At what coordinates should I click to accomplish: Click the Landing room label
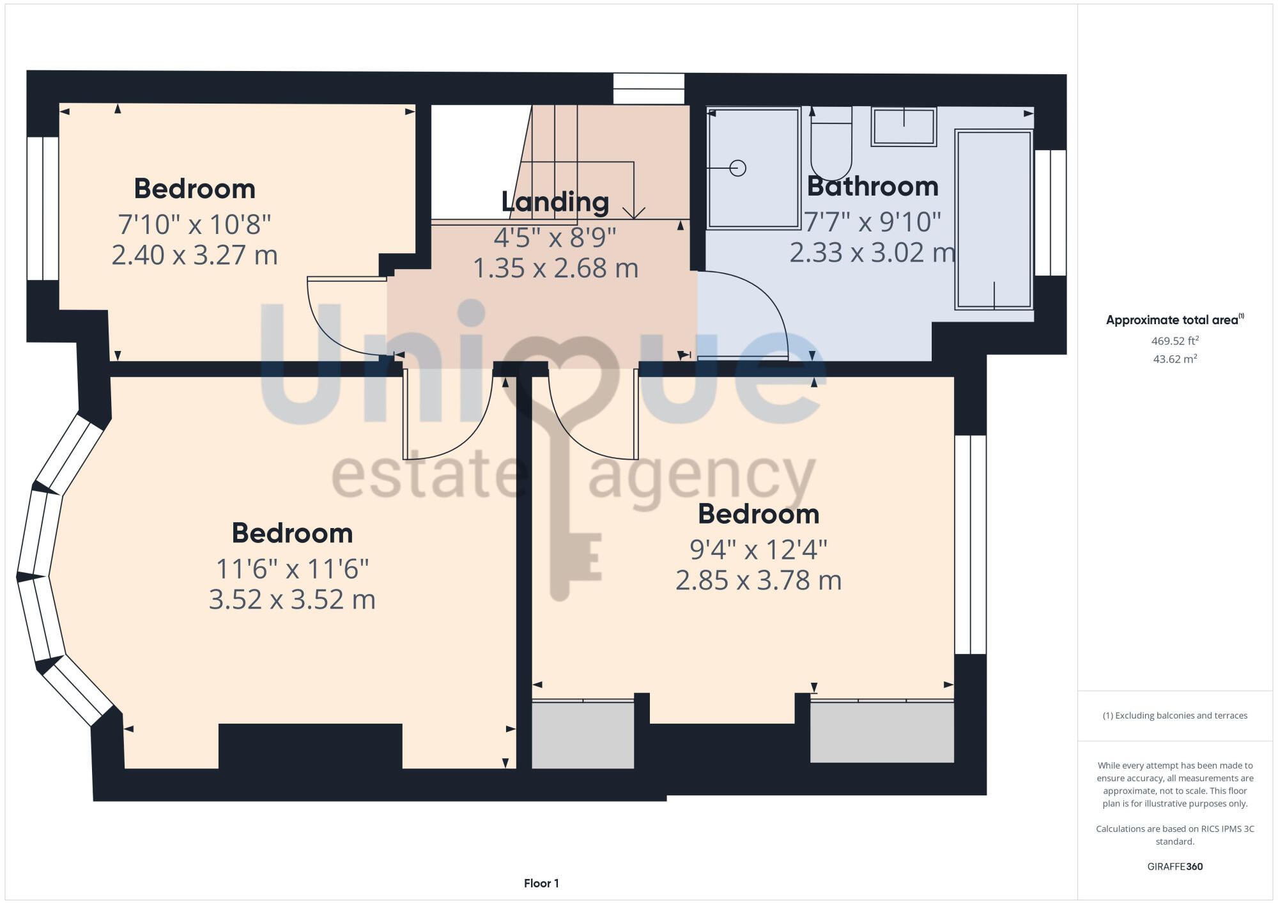555,202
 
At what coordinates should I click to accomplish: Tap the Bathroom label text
872,187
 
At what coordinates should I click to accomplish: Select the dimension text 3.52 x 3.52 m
292,600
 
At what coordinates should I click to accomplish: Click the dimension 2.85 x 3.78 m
758,581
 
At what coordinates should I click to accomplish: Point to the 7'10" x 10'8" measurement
194,224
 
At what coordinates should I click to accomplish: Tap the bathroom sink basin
903,127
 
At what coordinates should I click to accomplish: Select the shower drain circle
738,168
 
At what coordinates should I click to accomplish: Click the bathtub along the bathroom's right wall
994,219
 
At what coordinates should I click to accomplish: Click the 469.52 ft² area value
1174,341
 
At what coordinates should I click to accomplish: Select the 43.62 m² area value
1174,359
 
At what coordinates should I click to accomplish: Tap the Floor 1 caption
541,884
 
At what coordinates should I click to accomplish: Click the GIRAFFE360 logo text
1174,867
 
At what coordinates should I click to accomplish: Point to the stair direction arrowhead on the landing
634,213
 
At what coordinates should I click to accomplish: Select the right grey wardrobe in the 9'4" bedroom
882,733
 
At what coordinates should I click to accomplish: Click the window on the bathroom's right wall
1050,213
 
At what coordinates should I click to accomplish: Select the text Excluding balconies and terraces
1174,716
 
